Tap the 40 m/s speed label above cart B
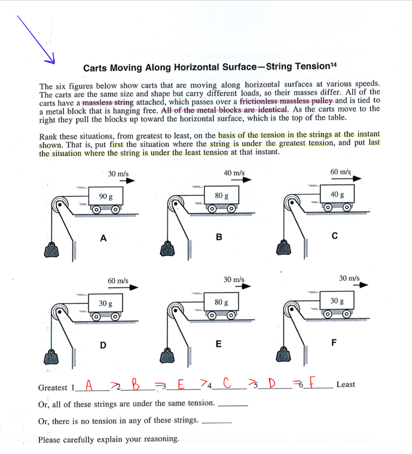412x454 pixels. (x=234, y=172)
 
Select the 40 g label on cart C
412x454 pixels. (x=337, y=194)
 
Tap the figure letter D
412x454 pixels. (x=103, y=345)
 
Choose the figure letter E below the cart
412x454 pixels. (x=218, y=344)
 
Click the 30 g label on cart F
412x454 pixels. (x=337, y=301)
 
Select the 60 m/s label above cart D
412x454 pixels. (x=118, y=281)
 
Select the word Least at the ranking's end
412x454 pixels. (x=346, y=385)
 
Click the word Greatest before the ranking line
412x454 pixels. (x=53, y=388)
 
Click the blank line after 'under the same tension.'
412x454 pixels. (x=233, y=404)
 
